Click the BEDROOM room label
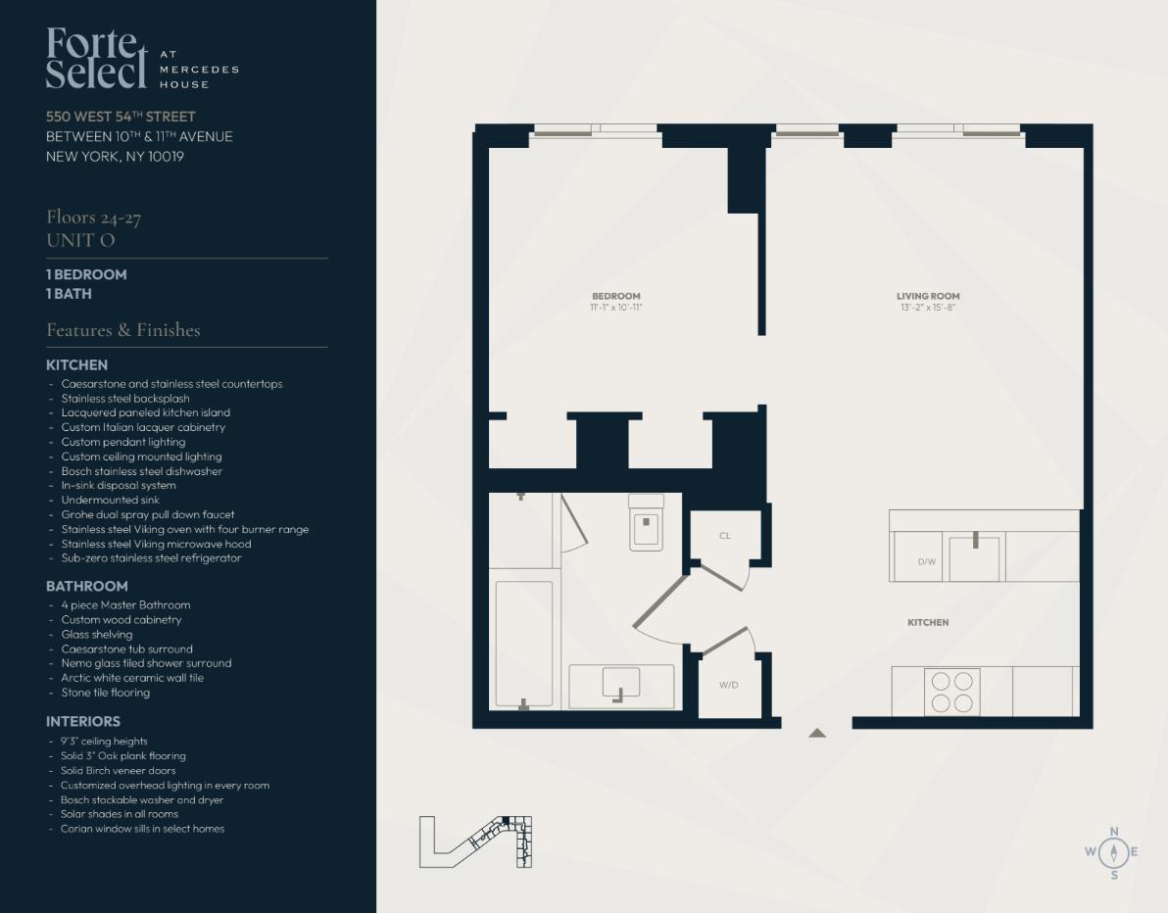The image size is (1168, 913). pyautogui.click(x=615, y=296)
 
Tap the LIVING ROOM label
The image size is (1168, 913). pyautogui.click(x=927, y=296)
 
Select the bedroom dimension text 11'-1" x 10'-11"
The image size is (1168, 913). pyautogui.click(x=615, y=308)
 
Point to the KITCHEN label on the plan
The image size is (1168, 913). pyautogui.click(x=927, y=622)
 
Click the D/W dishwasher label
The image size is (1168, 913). pyautogui.click(x=926, y=561)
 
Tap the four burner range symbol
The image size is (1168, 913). pyautogui.click(x=951, y=692)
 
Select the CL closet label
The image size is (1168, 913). pyautogui.click(x=724, y=536)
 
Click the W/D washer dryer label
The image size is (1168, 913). pyautogui.click(x=728, y=685)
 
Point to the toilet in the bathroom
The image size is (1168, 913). pyautogui.click(x=646, y=523)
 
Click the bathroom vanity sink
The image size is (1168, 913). pyautogui.click(x=620, y=683)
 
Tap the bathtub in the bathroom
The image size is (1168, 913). pyautogui.click(x=523, y=644)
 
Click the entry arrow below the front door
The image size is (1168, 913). pyautogui.click(x=817, y=733)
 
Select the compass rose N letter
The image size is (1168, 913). pyautogui.click(x=1113, y=832)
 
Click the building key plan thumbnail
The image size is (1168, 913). pyautogui.click(x=475, y=841)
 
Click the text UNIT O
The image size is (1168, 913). pyautogui.click(x=80, y=240)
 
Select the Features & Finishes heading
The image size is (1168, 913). pyautogui.click(x=123, y=330)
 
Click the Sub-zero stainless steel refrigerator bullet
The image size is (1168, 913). pyautogui.click(x=150, y=558)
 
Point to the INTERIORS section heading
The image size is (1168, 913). pyautogui.click(x=83, y=721)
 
